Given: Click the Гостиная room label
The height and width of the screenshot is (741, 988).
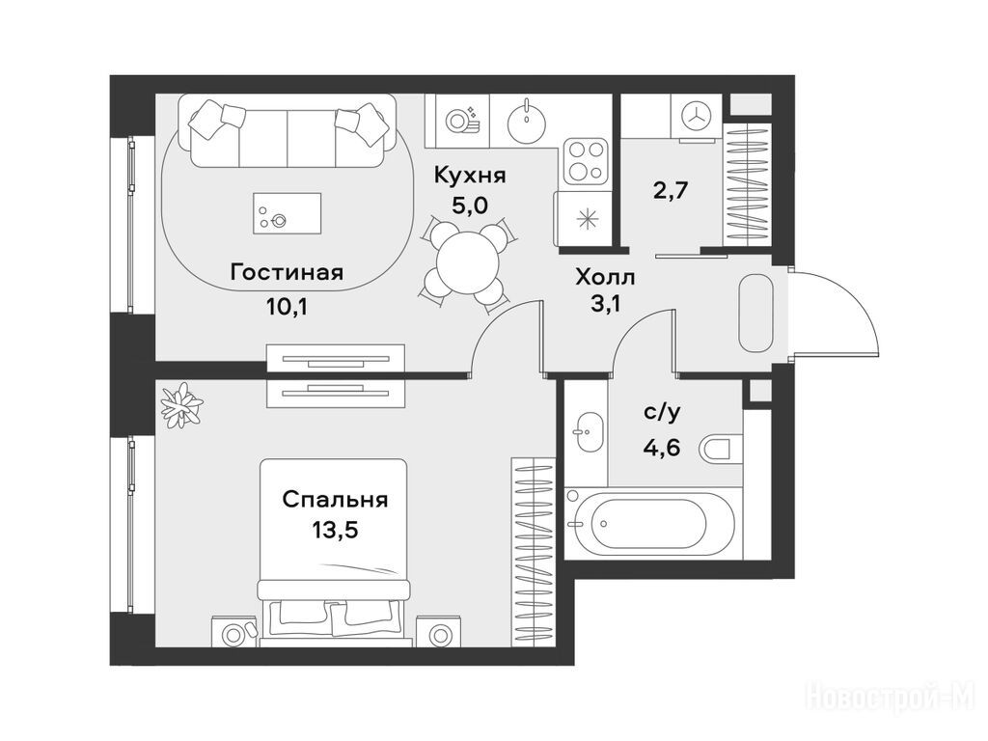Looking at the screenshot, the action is click(x=287, y=273).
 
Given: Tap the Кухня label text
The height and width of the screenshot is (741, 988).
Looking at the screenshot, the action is click(x=470, y=176).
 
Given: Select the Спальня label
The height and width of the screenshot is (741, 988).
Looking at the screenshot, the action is click(x=335, y=500).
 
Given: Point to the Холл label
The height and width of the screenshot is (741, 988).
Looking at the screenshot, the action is click(x=605, y=277).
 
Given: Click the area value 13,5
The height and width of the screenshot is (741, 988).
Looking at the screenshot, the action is click(x=335, y=530).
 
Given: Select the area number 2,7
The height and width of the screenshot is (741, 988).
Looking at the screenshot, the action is click(x=670, y=189).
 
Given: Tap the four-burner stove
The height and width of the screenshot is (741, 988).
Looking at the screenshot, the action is click(x=586, y=161).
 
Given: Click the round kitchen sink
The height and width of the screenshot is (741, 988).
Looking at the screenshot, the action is click(x=525, y=121).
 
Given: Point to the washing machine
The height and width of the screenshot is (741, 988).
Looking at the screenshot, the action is click(x=696, y=116).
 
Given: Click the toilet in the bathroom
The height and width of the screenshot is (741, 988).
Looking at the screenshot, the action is click(x=722, y=449).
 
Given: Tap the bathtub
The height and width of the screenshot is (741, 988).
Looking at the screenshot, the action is click(x=649, y=523).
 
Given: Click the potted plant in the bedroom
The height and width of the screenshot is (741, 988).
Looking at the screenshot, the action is click(x=181, y=405).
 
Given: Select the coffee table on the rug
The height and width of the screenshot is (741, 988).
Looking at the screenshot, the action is click(x=287, y=213).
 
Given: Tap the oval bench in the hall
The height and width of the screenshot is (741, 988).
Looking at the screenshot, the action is click(x=755, y=314).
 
